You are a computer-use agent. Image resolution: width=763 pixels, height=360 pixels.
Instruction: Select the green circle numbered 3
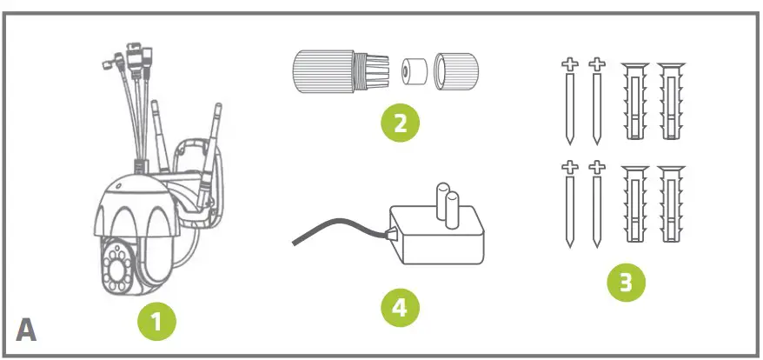[x=626, y=283]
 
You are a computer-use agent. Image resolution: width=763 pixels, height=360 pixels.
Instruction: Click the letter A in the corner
[x=26, y=331]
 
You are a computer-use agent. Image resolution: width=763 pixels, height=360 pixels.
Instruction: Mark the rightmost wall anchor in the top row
[x=671, y=100]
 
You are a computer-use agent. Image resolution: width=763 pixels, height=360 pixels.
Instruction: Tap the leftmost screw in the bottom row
[x=570, y=205]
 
